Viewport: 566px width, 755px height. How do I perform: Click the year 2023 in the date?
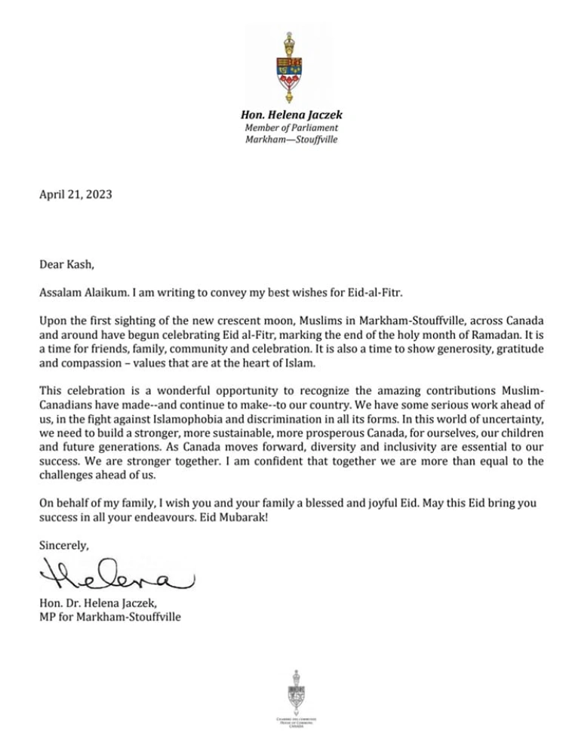[x=97, y=195]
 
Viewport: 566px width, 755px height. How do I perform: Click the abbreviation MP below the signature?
[x=48, y=616]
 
